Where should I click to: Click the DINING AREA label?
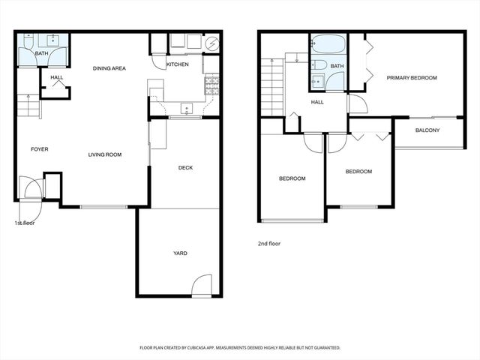pyautogui.click(x=109, y=68)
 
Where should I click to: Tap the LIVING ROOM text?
pyautogui.click(x=105, y=154)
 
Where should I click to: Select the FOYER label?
pyautogui.click(x=39, y=149)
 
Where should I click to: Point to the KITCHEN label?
pyautogui.click(x=177, y=64)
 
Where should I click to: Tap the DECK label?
pyautogui.click(x=185, y=168)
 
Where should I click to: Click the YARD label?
pyautogui.click(x=180, y=253)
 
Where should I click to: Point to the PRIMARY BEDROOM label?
pyautogui.click(x=412, y=78)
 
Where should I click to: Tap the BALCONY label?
pyautogui.click(x=427, y=130)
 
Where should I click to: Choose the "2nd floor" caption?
pyautogui.click(x=268, y=244)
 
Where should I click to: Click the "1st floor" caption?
pyautogui.click(x=25, y=223)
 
